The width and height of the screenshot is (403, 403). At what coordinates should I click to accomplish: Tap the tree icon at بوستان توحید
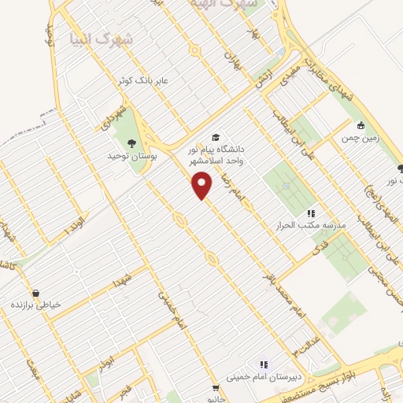tap(131, 142)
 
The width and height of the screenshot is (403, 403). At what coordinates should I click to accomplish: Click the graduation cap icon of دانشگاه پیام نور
tap(216, 135)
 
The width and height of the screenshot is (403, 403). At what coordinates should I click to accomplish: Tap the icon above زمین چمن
tap(360, 124)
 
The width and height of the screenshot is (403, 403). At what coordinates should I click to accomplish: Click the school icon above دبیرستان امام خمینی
tap(264, 364)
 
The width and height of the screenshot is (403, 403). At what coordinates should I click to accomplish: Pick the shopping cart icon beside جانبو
tap(215, 387)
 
